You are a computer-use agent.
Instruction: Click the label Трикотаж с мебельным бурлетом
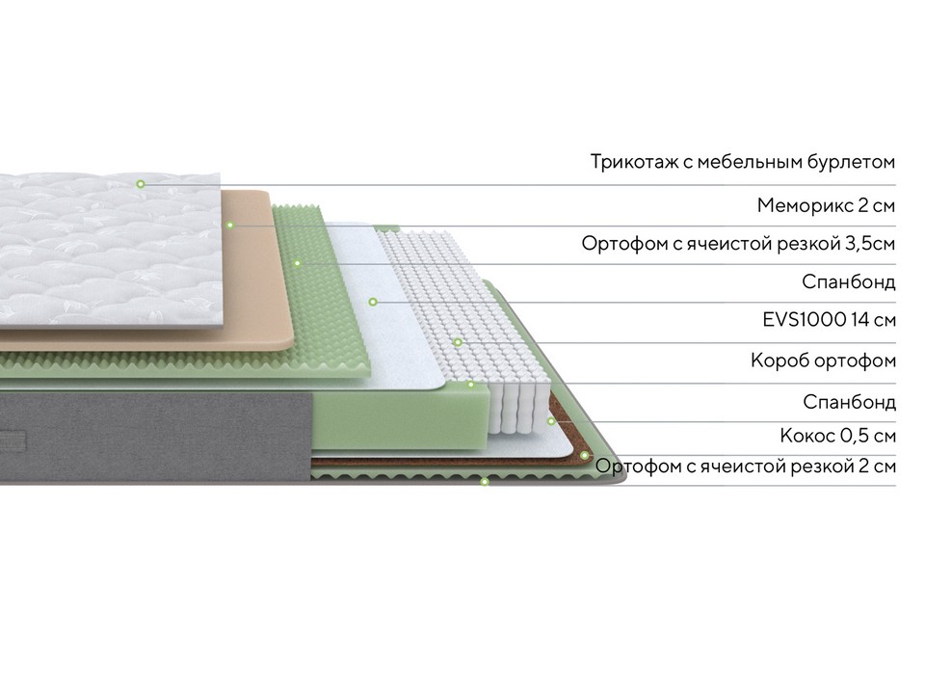(743, 162)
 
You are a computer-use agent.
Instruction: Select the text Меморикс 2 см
(826, 205)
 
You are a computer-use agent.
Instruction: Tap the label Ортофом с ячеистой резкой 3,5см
(738, 243)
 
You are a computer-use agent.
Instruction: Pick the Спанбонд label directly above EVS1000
(848, 282)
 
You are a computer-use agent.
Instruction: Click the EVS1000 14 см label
(829, 320)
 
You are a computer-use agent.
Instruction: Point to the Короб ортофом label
(823, 360)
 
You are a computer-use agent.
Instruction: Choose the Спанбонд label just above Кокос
(849, 402)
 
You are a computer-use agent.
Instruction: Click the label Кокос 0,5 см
(837, 436)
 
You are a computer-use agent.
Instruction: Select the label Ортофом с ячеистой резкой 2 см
(745, 467)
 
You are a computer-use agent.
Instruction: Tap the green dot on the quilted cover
(141, 184)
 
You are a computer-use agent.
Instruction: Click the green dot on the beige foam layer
(230, 225)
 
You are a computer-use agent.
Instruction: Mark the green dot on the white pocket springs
(458, 342)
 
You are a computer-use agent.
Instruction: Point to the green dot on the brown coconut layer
(584, 456)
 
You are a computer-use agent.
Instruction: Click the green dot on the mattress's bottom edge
(485, 482)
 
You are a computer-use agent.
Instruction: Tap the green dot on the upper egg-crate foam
(298, 263)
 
